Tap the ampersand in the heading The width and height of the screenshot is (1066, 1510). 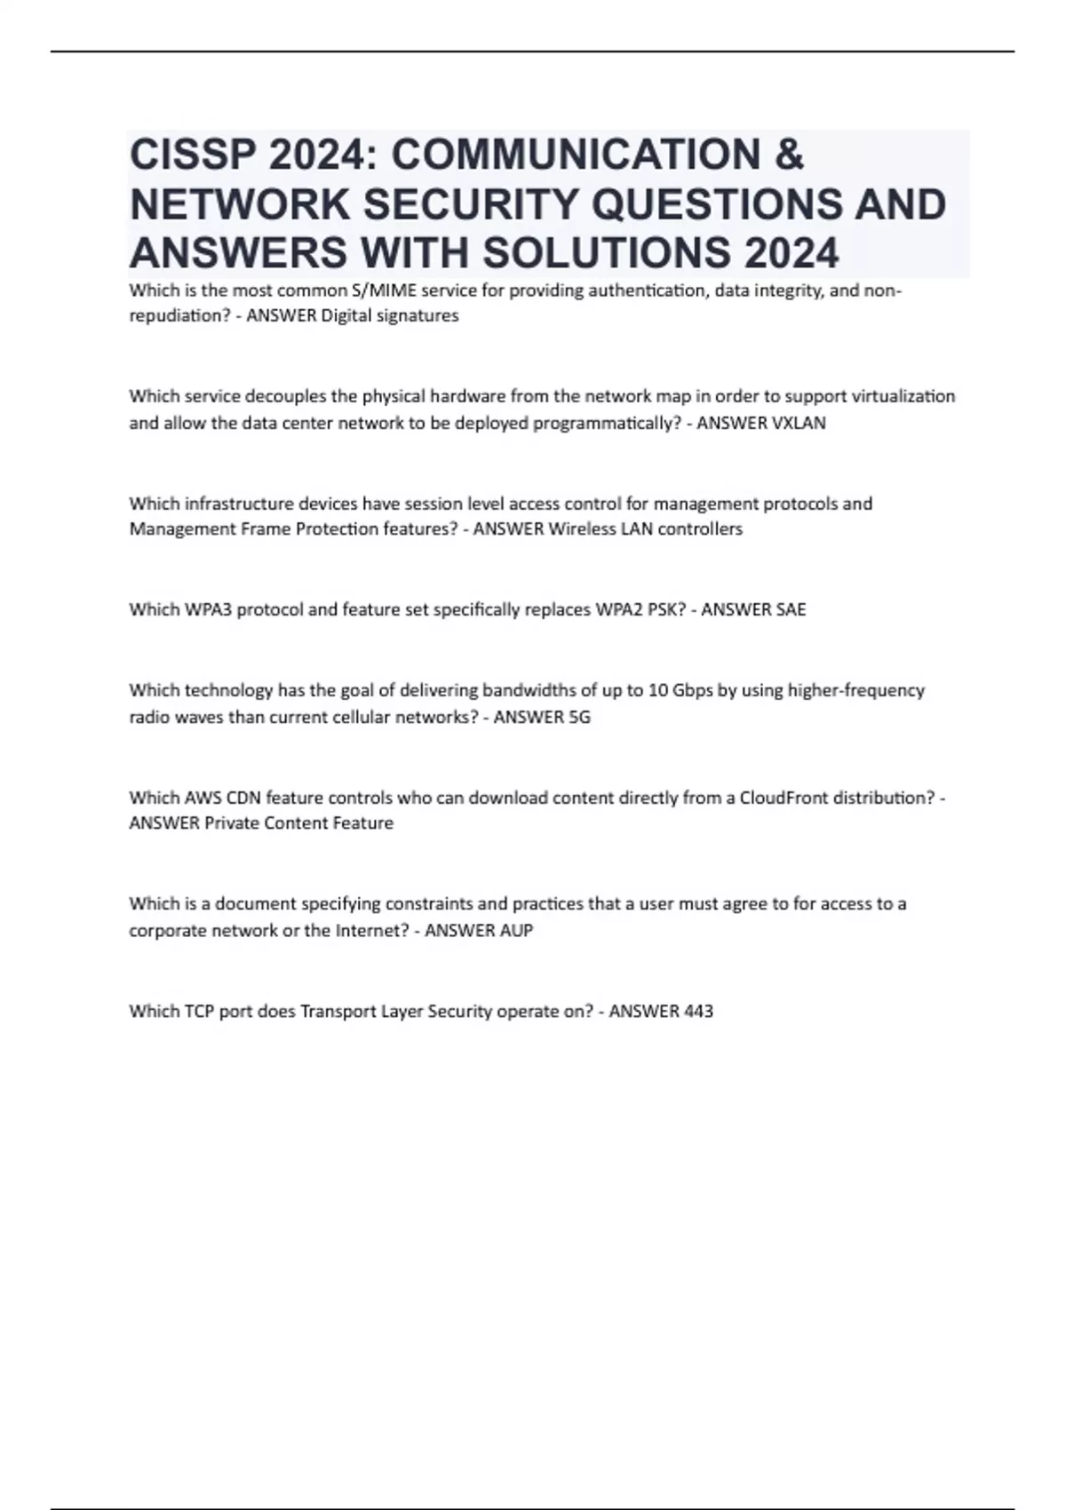pos(789,155)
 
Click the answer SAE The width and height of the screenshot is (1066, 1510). pos(790,610)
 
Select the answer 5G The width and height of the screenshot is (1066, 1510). pos(578,718)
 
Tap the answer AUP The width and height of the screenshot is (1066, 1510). pos(516,931)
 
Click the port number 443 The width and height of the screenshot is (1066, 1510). pos(698,1012)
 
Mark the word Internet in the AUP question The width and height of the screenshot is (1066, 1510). pos(370,931)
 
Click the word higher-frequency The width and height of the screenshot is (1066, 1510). pos(856,690)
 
